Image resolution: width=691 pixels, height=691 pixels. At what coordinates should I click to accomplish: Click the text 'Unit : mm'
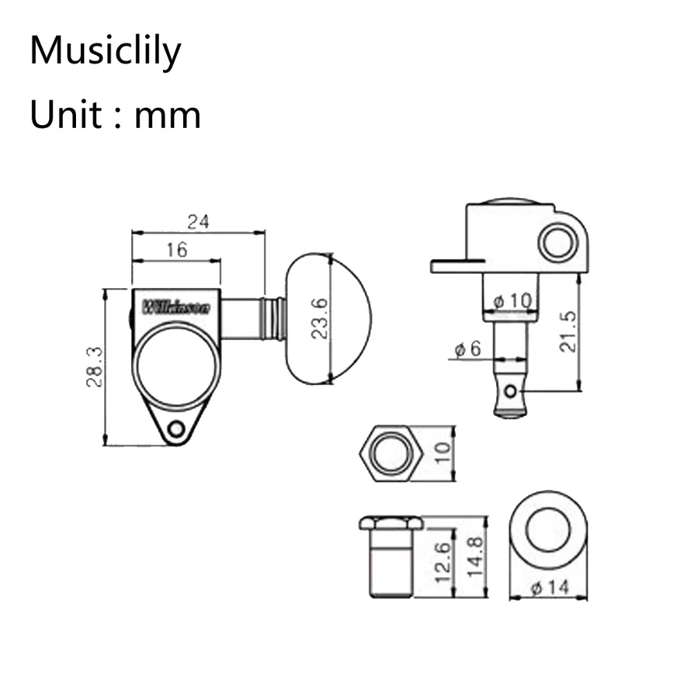pyautogui.click(x=115, y=114)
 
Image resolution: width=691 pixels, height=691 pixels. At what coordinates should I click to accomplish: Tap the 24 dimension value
pyautogui.click(x=198, y=222)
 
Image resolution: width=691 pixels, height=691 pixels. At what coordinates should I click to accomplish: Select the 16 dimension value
pyautogui.click(x=177, y=250)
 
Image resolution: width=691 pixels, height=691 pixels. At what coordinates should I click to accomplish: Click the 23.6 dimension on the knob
pyautogui.click(x=319, y=319)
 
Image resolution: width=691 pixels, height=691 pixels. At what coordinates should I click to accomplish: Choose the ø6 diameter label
pyautogui.click(x=467, y=349)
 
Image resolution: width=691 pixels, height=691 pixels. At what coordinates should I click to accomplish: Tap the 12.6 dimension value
pyautogui.click(x=443, y=560)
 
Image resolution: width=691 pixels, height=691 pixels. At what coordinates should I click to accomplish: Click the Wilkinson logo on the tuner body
pyautogui.click(x=176, y=307)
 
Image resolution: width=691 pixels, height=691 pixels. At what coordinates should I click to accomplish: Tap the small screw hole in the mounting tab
pyautogui.click(x=176, y=429)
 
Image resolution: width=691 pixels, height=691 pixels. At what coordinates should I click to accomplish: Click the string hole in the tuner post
pyautogui.click(x=511, y=392)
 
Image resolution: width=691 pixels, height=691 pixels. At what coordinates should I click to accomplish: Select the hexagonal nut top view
pyautogui.click(x=391, y=453)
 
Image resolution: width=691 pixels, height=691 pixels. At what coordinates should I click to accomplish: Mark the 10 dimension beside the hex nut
pyautogui.click(x=443, y=453)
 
